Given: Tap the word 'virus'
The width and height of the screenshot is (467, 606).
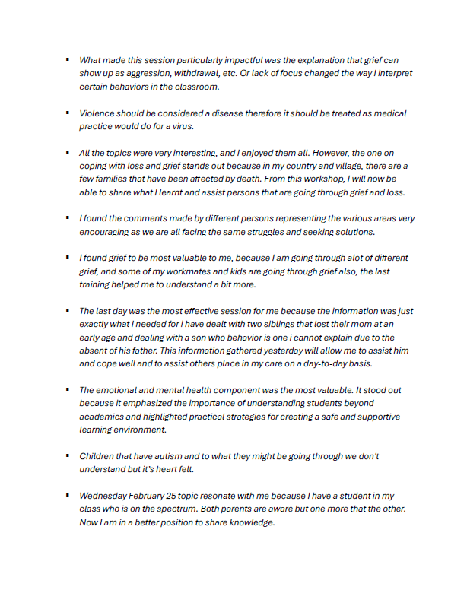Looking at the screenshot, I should (183, 126).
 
